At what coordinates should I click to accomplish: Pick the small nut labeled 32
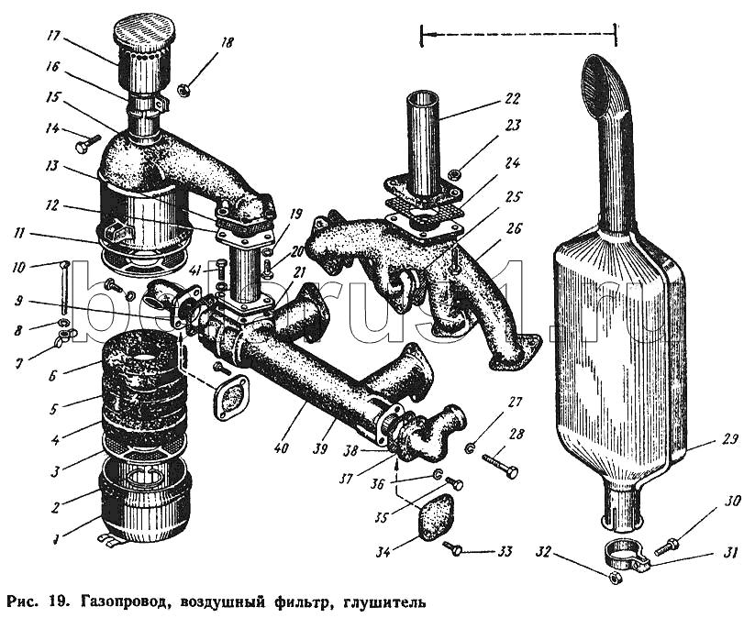(x=615, y=578)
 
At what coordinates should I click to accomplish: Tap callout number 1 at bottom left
(x=57, y=538)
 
